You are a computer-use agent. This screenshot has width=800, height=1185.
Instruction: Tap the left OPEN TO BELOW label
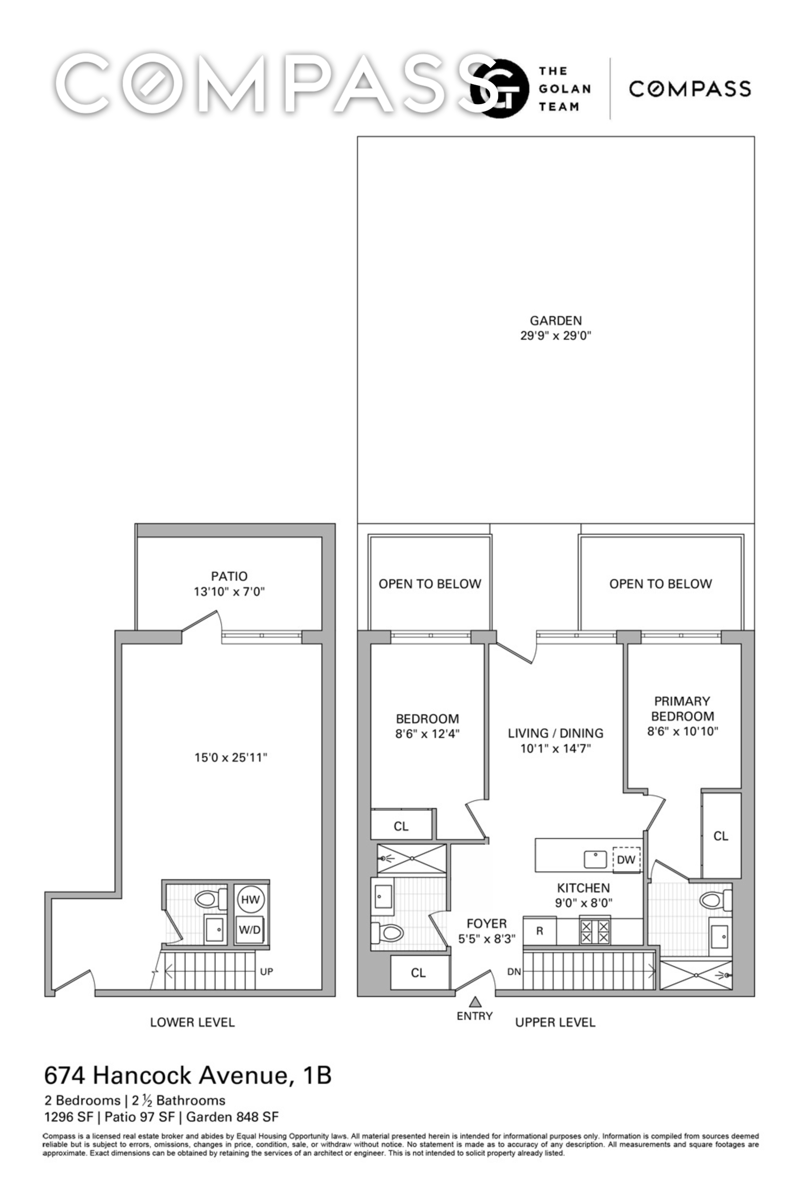click(430, 584)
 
